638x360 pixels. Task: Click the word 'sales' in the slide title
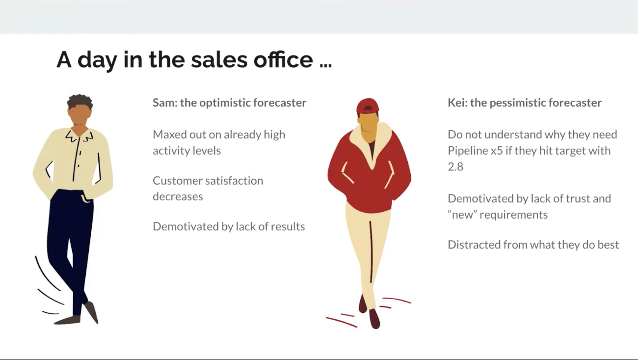[219, 60]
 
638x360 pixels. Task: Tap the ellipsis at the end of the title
[325, 65]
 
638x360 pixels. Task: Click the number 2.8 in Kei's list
[455, 167]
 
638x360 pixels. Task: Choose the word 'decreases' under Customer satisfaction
[178, 196]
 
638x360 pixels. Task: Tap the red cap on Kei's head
[368, 106]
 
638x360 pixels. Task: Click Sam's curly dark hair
[80, 101]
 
